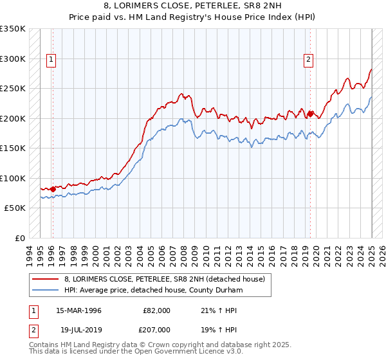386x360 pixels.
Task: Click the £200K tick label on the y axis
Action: pos(13,118)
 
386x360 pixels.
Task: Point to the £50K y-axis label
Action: pos(15,208)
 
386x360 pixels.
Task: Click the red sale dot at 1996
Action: pos(53,189)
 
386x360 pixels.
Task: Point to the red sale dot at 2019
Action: pos(310,114)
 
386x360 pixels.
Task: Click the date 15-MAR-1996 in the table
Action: pos(79,310)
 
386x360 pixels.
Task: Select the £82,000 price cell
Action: pos(157,310)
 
